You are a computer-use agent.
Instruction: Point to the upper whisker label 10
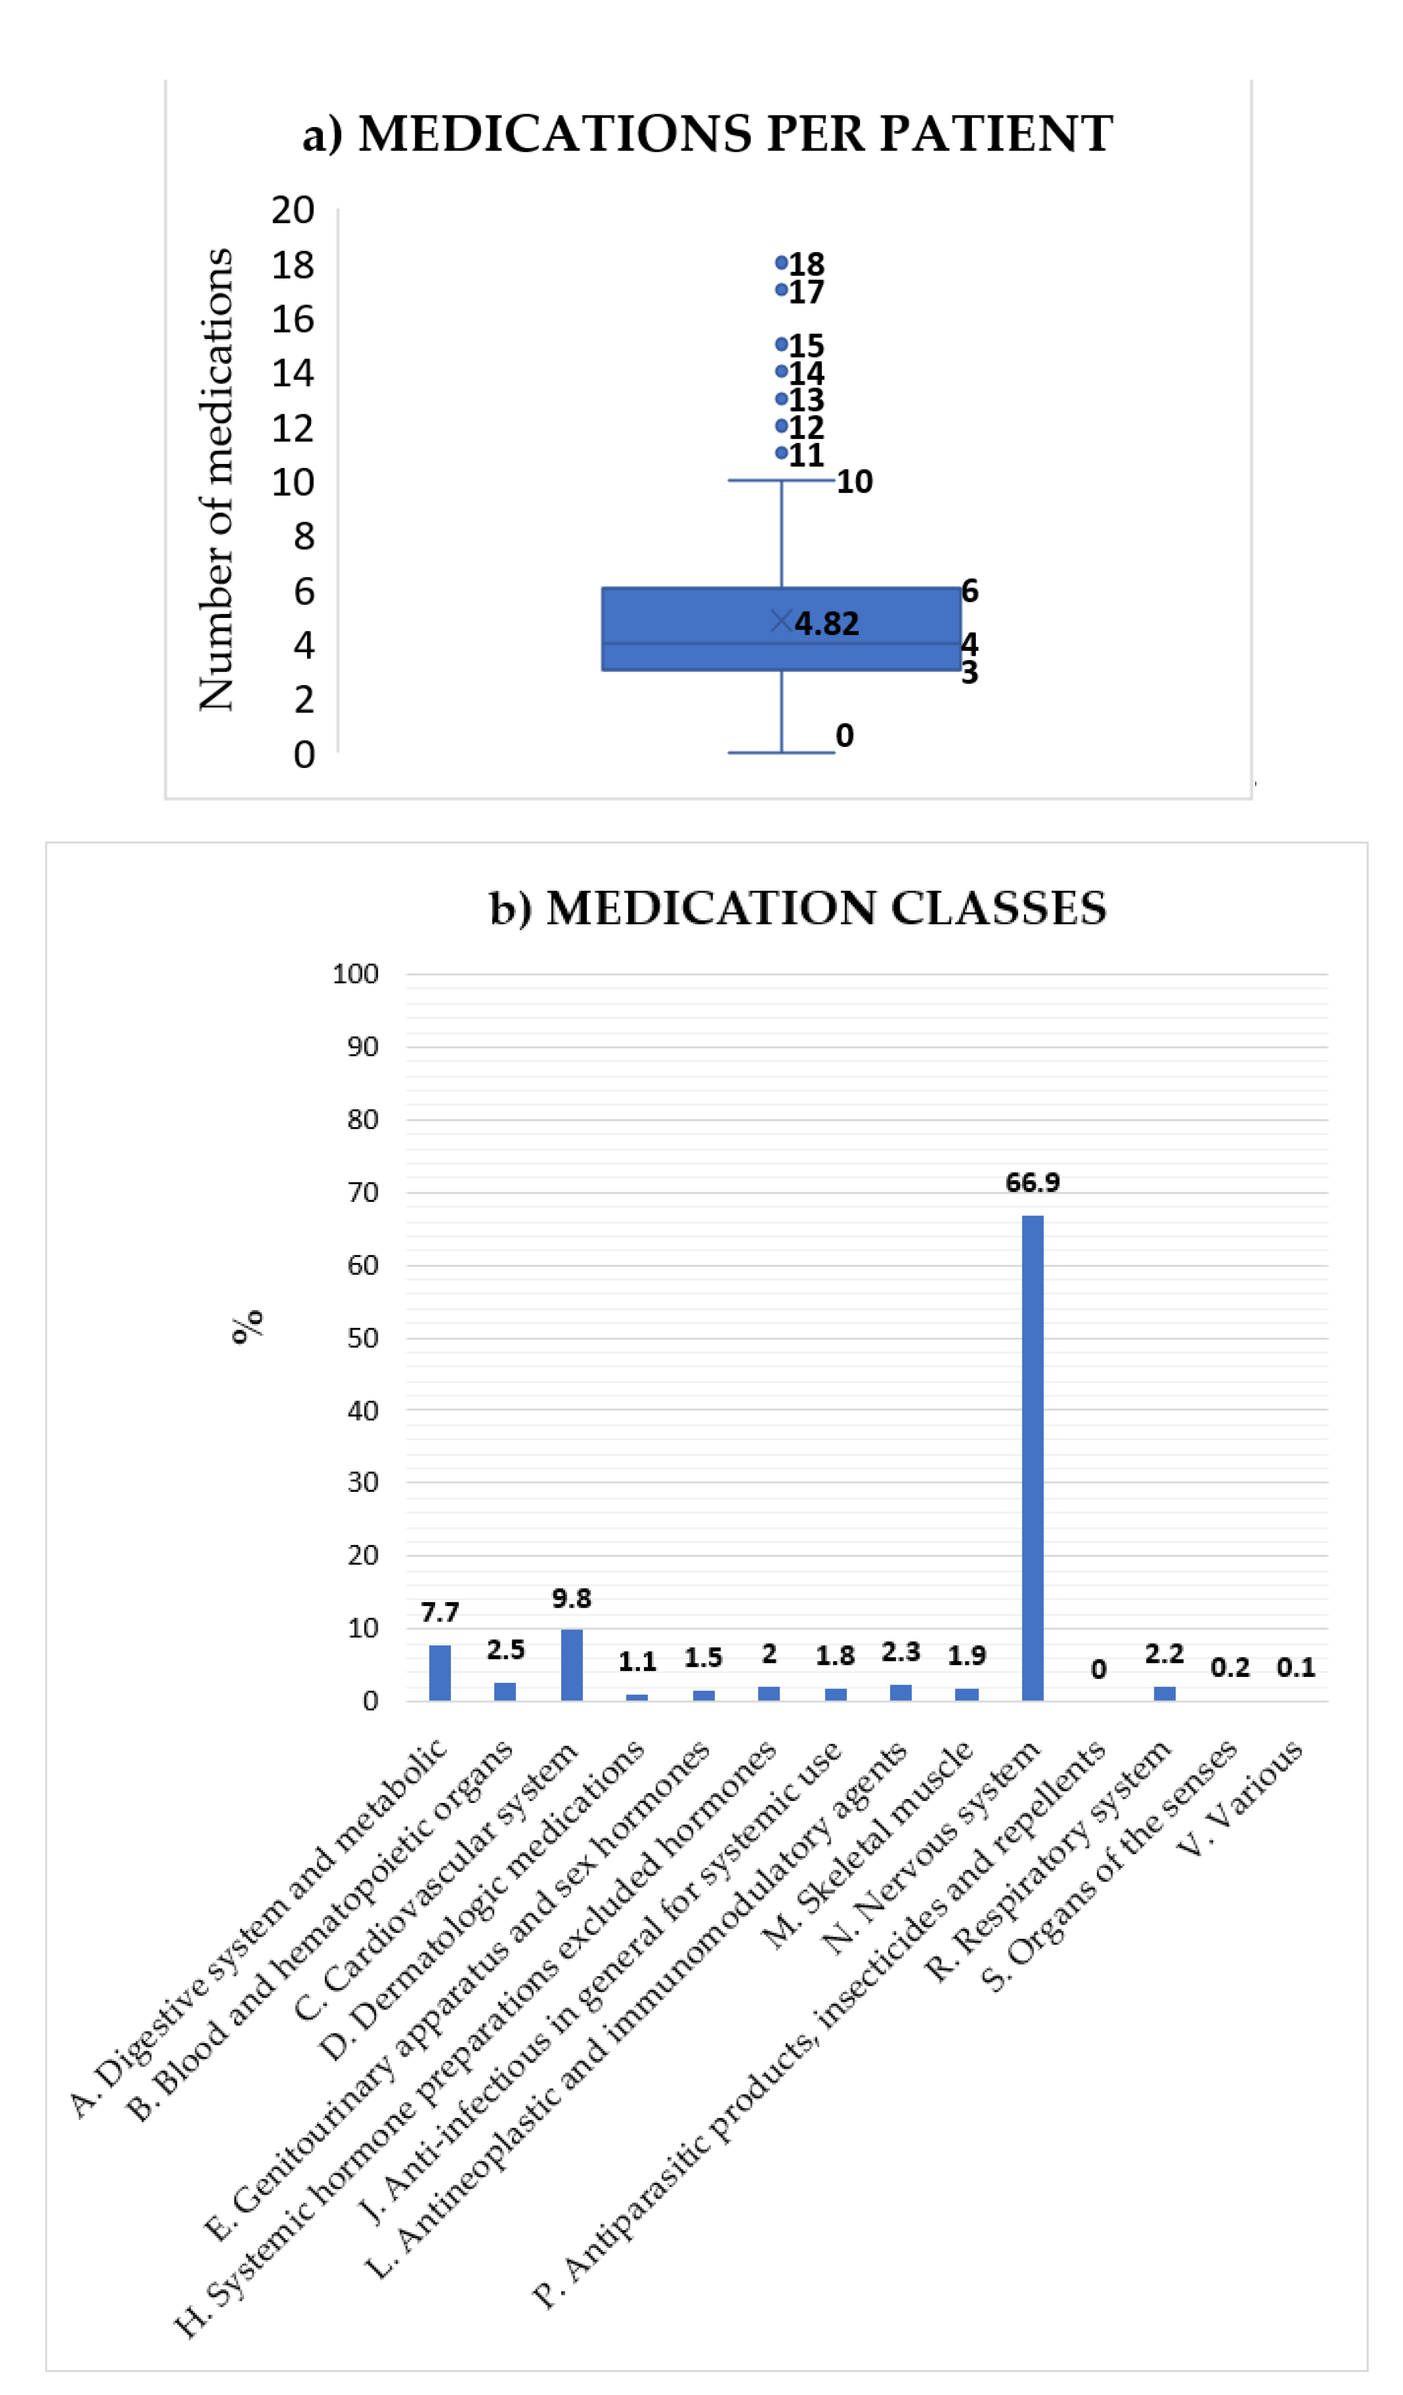coord(854,482)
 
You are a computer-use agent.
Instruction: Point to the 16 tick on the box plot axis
coord(292,319)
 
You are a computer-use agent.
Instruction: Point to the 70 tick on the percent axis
coord(362,1192)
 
